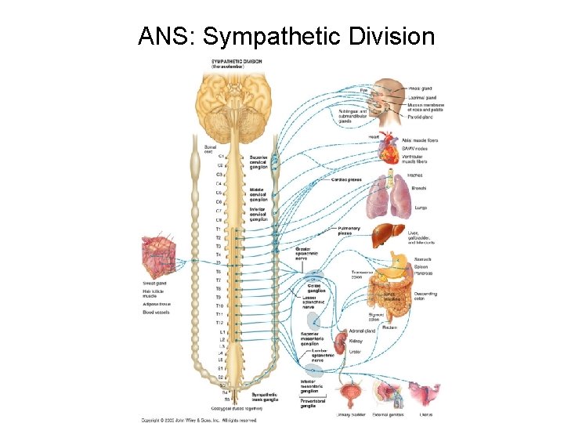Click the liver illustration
pos(389,234)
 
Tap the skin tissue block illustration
pos(159,255)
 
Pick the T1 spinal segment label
pos(218,229)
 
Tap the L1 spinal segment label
pos(222,332)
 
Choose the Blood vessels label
pos(156,313)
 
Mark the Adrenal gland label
pos(362,331)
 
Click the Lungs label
pos(410,208)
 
